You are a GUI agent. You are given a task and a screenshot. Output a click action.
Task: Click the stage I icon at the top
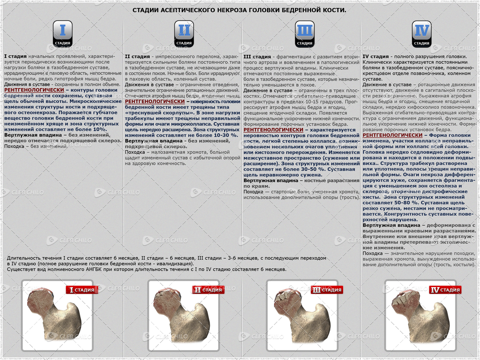(x=63, y=33)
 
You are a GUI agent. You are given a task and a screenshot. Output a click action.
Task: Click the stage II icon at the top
(x=184, y=33)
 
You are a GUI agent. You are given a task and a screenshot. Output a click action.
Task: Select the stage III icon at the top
(x=304, y=33)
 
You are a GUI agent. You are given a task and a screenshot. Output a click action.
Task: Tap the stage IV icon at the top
(x=421, y=33)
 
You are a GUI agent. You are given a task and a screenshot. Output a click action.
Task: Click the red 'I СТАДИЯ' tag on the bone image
(x=82, y=290)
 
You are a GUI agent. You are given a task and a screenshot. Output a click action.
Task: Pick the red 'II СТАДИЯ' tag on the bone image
(x=208, y=290)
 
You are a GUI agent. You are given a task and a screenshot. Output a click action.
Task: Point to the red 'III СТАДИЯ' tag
(x=327, y=290)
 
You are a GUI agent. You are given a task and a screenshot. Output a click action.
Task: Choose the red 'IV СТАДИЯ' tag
(x=445, y=290)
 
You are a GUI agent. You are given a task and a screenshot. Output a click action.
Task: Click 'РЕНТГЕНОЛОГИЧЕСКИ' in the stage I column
(x=34, y=90)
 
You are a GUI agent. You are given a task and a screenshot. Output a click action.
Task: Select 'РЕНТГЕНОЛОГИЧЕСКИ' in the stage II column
(x=154, y=102)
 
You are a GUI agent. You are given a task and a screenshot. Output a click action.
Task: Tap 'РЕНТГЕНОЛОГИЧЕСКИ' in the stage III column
(x=273, y=130)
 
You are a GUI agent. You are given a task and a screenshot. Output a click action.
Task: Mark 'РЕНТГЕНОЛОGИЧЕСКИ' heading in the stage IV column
(x=392, y=135)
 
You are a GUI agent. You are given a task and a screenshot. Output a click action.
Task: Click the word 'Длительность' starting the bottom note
(x=23, y=258)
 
